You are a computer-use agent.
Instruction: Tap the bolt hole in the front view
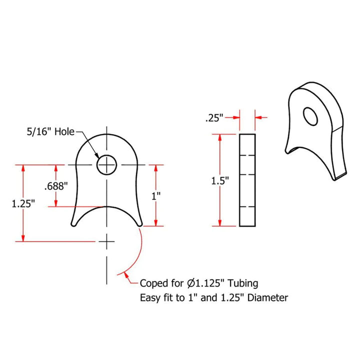[106, 164]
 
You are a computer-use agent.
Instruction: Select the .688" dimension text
[56, 186]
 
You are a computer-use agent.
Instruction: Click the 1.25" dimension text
[23, 203]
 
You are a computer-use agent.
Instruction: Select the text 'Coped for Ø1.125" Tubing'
[199, 283]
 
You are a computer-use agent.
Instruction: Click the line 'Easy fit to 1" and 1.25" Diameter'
[214, 298]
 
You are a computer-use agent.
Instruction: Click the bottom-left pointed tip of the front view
[72, 226]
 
